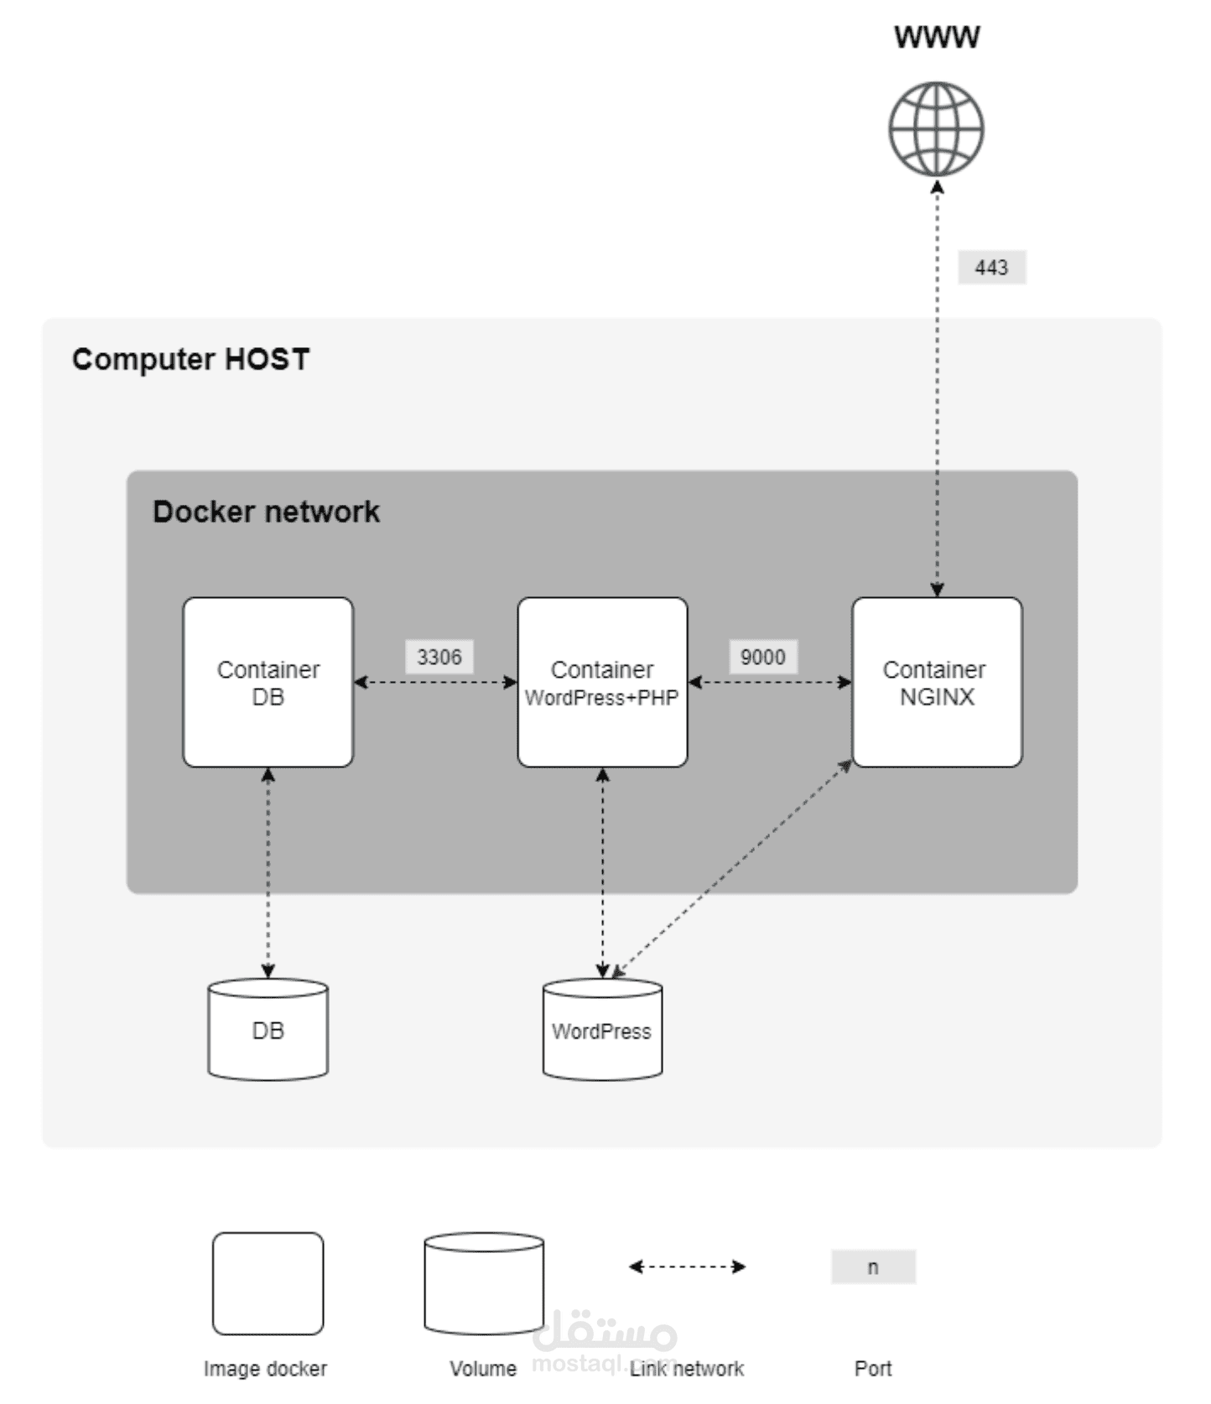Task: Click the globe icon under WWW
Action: pyautogui.click(x=936, y=128)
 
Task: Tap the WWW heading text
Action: pyautogui.click(x=936, y=37)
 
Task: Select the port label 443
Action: pyautogui.click(x=991, y=268)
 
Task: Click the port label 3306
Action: pyautogui.click(x=439, y=657)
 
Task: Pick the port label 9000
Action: pyautogui.click(x=762, y=657)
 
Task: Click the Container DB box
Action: pyautogui.click(x=268, y=682)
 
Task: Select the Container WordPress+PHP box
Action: pyautogui.click(x=602, y=682)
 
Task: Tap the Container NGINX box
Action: pyautogui.click(x=937, y=682)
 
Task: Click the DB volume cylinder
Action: pyautogui.click(x=268, y=1029)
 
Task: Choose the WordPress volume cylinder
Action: pyautogui.click(x=602, y=1029)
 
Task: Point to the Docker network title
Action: pyautogui.click(x=266, y=512)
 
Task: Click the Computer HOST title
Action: pyautogui.click(x=190, y=359)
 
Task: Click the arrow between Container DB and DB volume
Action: pyautogui.click(x=268, y=872)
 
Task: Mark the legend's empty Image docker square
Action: pyautogui.click(x=268, y=1283)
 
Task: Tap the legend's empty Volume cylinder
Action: pyautogui.click(x=483, y=1283)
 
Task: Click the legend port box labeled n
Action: pyautogui.click(x=873, y=1266)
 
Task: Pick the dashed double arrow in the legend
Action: pyautogui.click(x=687, y=1266)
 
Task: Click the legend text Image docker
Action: pyautogui.click(x=265, y=1369)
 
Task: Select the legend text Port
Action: pyautogui.click(x=873, y=1369)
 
